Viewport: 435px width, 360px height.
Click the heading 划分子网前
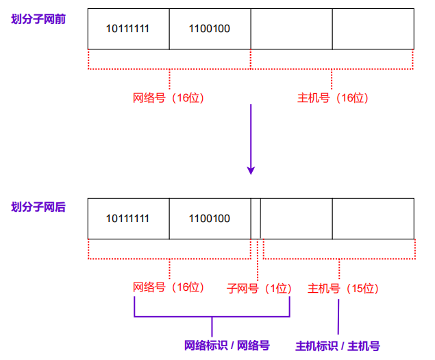coord(38,19)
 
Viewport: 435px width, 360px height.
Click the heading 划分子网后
coord(38,206)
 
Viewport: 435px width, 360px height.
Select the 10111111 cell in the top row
coord(128,29)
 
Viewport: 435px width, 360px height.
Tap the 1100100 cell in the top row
coord(210,29)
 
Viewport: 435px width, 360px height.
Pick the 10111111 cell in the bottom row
coord(128,219)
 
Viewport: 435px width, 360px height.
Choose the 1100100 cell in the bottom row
coord(210,219)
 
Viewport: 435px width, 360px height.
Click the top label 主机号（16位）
coord(332,98)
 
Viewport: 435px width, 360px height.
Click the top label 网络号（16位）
coord(169,98)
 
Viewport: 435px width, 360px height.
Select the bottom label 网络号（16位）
coord(169,288)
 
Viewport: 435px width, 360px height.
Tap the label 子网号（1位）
coord(259,289)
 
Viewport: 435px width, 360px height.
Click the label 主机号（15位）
coord(343,289)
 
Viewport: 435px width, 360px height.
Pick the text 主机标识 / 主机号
coord(337,346)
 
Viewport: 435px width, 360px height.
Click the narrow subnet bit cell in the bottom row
coord(256,219)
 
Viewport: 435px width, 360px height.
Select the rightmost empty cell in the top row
coord(373,29)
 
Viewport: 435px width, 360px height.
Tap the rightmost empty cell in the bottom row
coord(373,219)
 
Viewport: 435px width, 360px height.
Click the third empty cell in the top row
coord(291,29)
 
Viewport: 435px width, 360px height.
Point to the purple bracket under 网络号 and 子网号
coord(212,317)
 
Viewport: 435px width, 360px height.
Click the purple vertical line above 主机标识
coord(338,316)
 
